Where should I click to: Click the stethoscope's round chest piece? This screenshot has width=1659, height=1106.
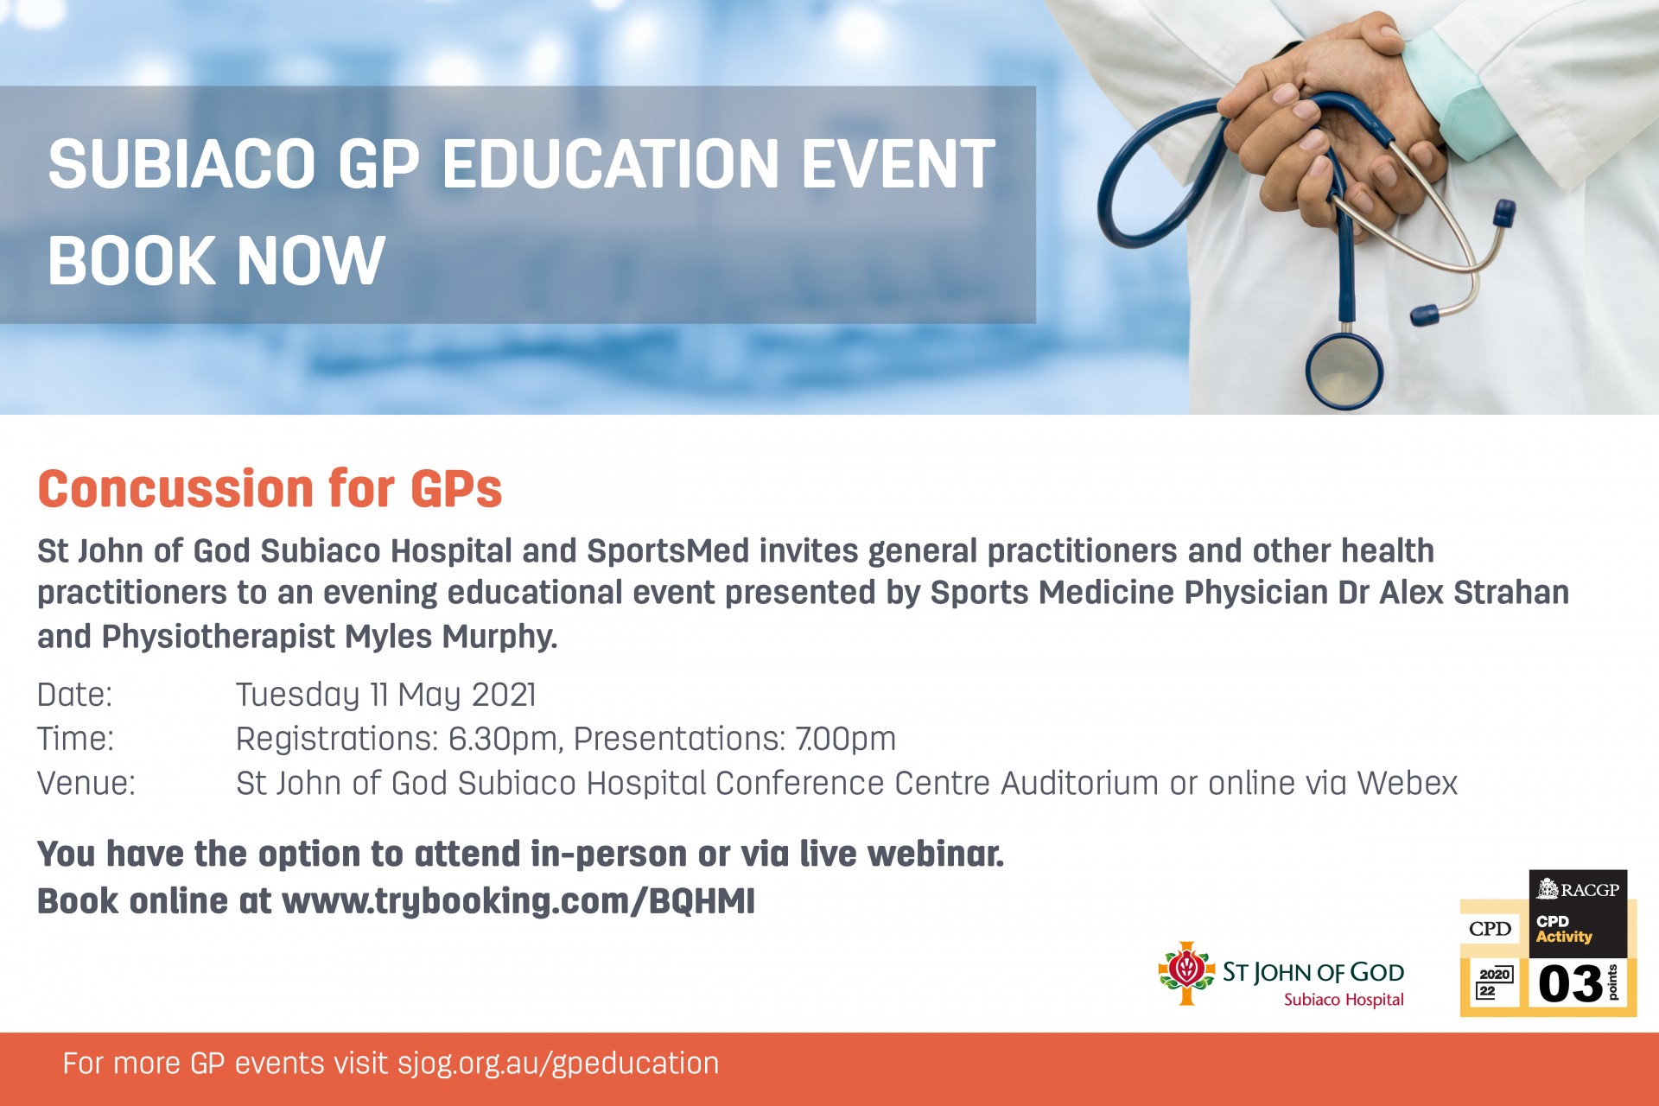click(x=1344, y=371)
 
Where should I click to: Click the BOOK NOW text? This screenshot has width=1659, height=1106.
click(x=216, y=260)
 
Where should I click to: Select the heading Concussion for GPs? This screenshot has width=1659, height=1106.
click(x=270, y=488)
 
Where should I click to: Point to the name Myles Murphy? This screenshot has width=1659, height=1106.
click(x=451, y=637)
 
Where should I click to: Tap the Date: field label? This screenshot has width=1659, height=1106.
click(x=74, y=695)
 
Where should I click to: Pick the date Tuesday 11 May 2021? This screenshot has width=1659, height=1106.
click(x=386, y=696)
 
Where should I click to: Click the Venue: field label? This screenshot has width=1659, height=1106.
click(x=86, y=784)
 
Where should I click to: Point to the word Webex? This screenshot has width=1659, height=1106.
click(x=1407, y=784)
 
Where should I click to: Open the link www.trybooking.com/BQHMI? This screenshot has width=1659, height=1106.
click(x=518, y=901)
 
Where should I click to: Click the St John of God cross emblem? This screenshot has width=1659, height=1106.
click(x=1186, y=972)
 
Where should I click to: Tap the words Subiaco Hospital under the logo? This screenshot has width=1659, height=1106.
click(x=1344, y=1000)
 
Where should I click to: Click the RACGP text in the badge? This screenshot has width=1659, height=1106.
click(x=1589, y=889)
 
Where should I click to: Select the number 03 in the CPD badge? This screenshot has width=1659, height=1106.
click(x=1570, y=984)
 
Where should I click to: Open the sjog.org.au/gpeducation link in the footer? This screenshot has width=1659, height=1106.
click(x=558, y=1064)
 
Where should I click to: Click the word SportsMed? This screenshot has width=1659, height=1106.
click(x=668, y=551)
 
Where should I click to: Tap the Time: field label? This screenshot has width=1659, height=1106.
click(x=75, y=740)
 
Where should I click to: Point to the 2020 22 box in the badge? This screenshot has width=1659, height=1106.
click(x=1494, y=982)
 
